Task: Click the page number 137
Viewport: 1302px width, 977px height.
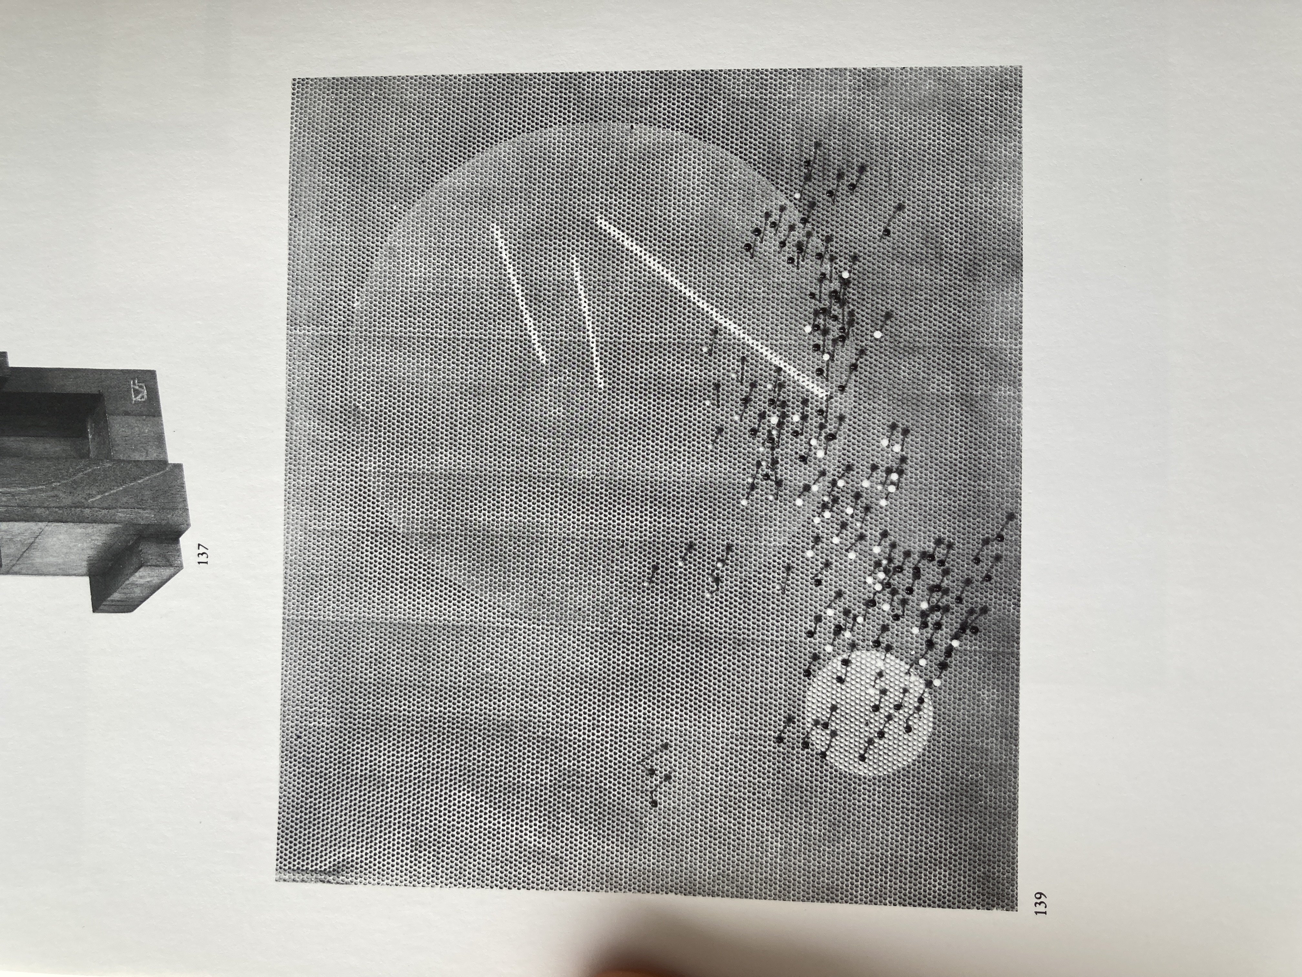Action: click(204, 554)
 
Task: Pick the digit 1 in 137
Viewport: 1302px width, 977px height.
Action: click(204, 562)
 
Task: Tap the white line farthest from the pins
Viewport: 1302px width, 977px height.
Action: click(521, 294)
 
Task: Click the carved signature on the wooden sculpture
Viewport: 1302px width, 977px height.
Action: click(141, 391)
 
